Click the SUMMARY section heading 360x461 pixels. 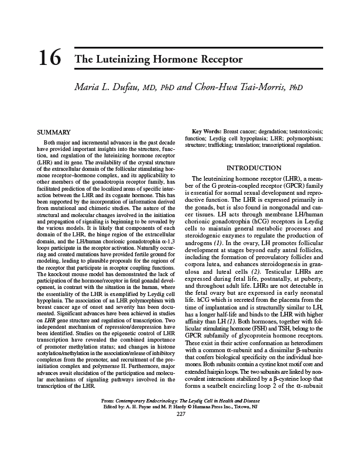click(54, 132)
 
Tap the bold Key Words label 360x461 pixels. click(206, 132)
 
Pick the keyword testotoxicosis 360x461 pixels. click(303, 132)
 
